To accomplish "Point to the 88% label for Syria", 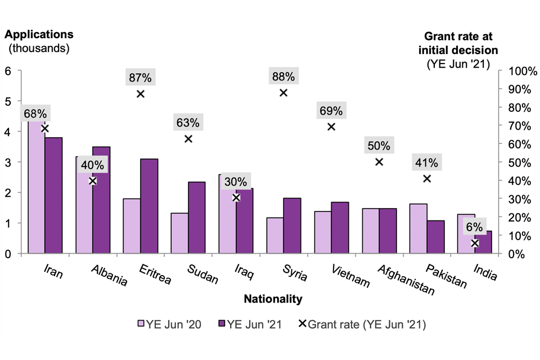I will tap(283, 76).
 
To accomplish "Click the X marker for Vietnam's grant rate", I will tap(331, 127).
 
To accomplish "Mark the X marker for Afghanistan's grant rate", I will tap(379, 161).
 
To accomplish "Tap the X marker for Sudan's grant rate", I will tap(188, 138).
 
